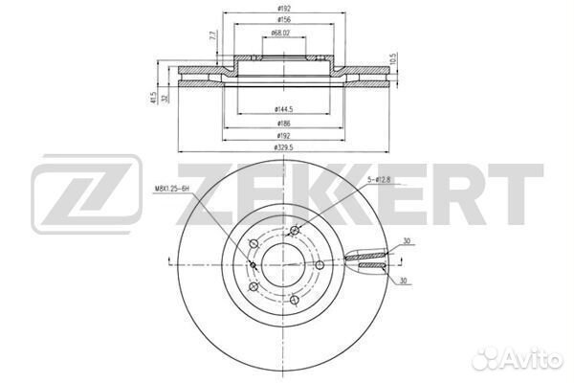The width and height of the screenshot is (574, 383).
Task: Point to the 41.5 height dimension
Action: (153, 97)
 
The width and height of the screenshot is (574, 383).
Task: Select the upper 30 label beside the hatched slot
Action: (408, 241)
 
